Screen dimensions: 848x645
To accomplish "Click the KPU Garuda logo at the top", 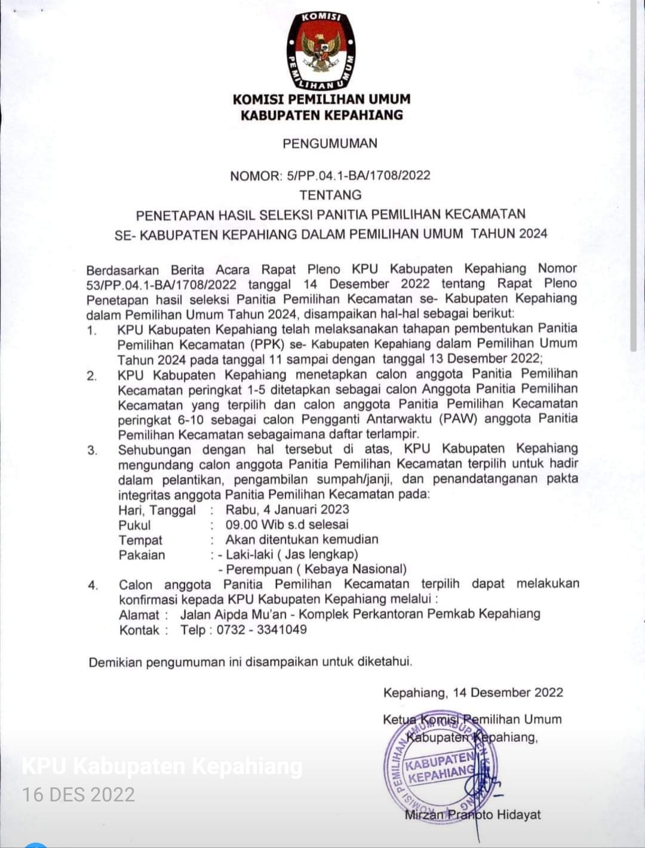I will pos(321,51).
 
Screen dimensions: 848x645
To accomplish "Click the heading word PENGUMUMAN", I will pos(330,143).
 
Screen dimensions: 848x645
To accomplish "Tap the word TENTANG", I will pos(330,195).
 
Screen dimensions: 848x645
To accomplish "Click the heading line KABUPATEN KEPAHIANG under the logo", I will pos(321,115).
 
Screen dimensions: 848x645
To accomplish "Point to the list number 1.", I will pos(91,330).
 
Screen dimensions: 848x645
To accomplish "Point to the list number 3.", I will pos(92,450).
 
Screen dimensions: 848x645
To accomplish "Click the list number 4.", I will pos(93,585).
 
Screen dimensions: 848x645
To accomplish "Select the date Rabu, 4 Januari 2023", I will pos(287,509).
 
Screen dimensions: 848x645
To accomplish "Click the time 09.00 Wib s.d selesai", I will pos(287,525).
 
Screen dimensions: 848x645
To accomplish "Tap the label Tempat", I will pos(140,540).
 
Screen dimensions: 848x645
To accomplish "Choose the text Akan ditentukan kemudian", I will pos(302,539).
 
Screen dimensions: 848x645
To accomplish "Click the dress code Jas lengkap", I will pos(317,554).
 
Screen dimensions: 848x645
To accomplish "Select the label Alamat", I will pos(139,615).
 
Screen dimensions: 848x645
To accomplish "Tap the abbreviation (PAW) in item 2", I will pos(458,419).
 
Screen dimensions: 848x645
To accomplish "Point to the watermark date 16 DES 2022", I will pos(78,794).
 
